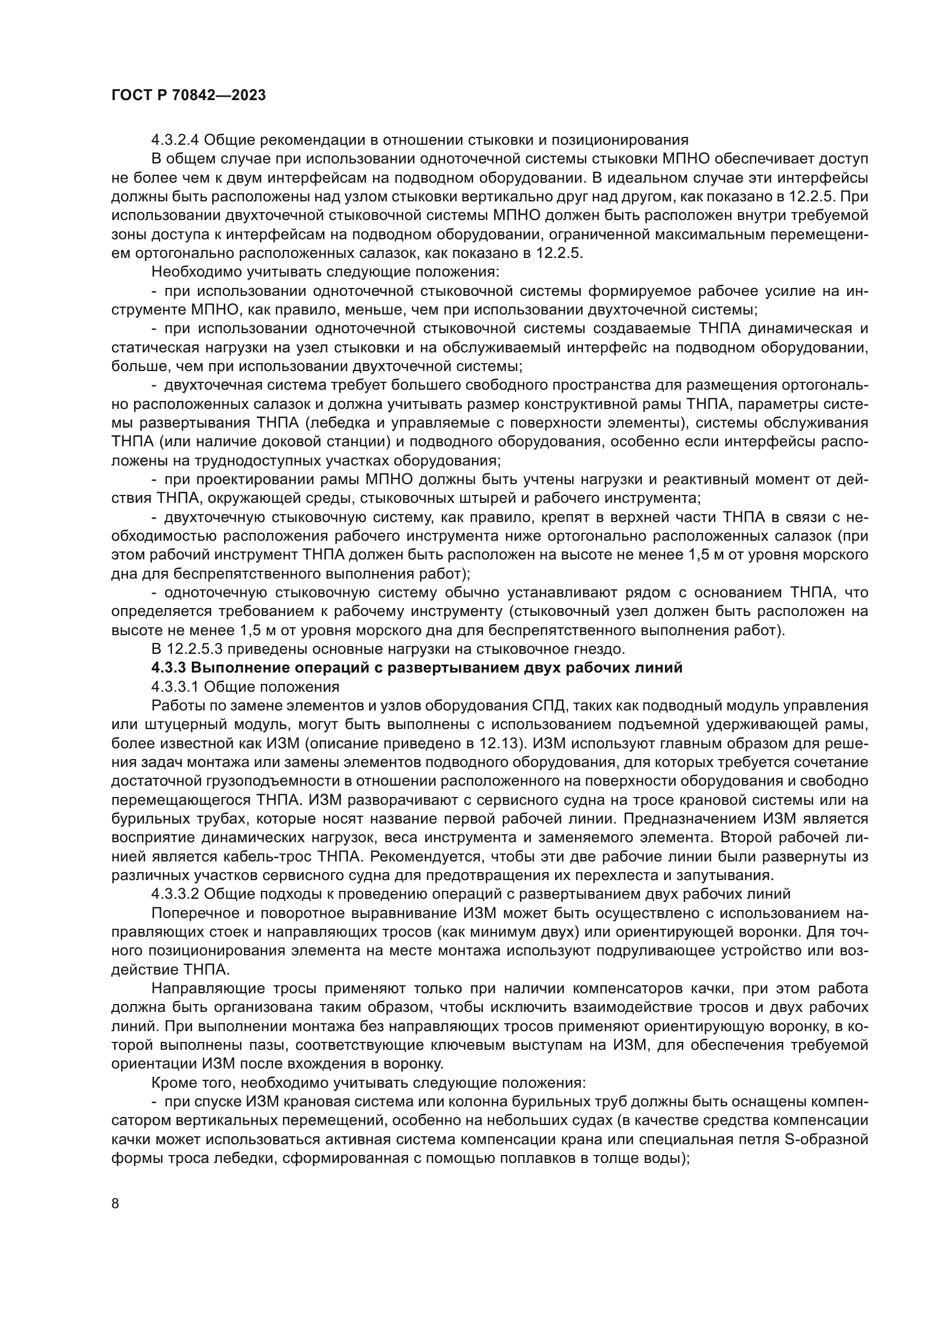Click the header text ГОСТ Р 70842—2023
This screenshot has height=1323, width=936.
(188, 96)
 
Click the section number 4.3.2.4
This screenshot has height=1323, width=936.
(175, 140)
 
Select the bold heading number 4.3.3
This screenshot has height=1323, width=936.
(168, 668)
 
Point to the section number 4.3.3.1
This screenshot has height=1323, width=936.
(175, 687)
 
